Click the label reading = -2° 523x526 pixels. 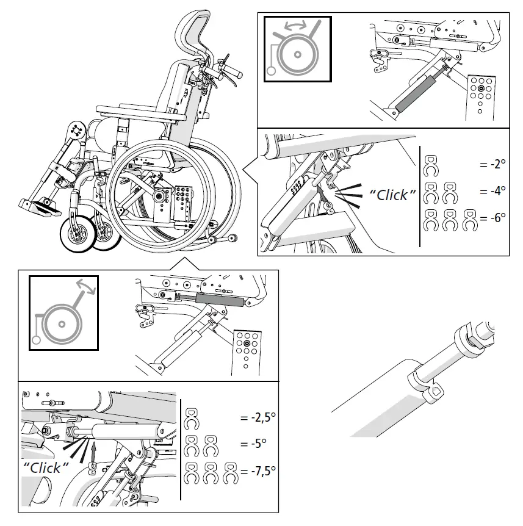click(492, 164)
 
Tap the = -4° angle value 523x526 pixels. click(492, 191)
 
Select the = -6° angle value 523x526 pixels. click(492, 218)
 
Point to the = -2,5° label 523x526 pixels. click(258, 417)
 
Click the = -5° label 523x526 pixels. click(253, 444)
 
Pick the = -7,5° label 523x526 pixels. click(258, 470)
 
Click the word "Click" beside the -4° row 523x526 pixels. click(392, 195)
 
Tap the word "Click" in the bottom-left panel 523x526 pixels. click(46, 467)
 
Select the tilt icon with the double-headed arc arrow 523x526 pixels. click(298, 49)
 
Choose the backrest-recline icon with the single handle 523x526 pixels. click(63, 313)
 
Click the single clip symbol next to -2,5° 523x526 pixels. click(192, 419)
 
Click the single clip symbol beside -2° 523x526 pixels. click(431, 166)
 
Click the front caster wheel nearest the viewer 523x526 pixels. click(78, 234)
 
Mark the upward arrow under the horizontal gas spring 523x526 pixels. click(94, 450)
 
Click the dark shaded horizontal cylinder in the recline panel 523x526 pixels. click(220, 300)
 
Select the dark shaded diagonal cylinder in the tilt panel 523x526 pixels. click(415, 94)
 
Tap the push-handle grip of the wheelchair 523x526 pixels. click(231, 72)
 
